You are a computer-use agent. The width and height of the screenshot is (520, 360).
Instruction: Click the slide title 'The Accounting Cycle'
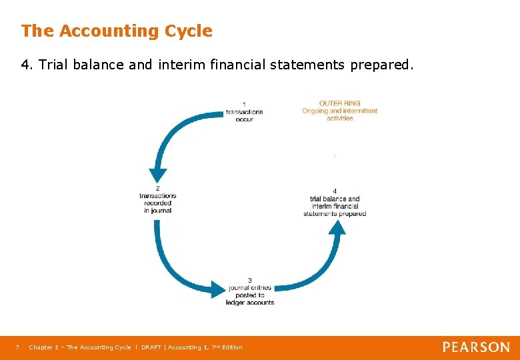[117, 31]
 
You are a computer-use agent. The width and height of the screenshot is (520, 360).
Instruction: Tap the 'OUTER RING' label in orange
[340, 103]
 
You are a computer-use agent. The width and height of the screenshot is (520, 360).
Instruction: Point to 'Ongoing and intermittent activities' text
[340, 114]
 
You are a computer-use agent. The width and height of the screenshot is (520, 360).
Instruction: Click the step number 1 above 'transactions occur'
[244, 104]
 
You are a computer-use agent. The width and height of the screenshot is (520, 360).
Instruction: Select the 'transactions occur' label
[244, 115]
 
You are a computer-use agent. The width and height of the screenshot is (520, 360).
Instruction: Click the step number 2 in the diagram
[157, 188]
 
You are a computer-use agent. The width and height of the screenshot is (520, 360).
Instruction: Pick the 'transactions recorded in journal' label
[157, 203]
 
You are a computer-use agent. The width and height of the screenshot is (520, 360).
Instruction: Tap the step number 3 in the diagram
[250, 280]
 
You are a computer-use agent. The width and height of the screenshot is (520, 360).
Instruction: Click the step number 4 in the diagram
[335, 191]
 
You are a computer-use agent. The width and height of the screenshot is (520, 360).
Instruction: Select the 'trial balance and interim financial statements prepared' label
[335, 206]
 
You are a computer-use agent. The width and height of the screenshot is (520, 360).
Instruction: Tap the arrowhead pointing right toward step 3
[219, 289]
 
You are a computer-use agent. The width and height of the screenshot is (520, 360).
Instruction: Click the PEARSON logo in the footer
[476, 347]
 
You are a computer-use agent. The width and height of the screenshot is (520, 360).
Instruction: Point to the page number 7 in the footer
[17, 347]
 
